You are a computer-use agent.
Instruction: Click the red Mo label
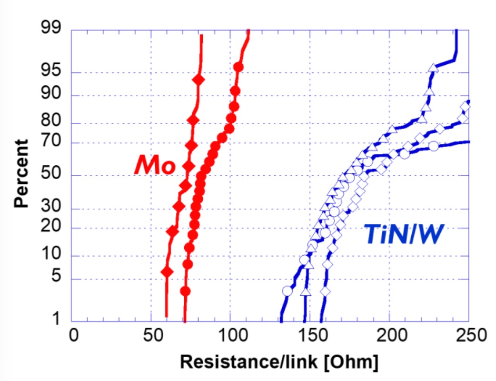[155, 165]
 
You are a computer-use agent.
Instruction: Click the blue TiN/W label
[404, 234]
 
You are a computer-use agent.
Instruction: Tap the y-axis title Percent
[21, 173]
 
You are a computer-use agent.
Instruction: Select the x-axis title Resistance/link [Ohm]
[279, 361]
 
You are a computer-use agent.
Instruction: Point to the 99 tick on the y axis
[50, 27]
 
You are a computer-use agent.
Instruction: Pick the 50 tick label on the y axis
[50, 173]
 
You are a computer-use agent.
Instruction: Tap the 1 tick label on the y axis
[56, 318]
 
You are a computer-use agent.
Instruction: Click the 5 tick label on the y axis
[56, 275]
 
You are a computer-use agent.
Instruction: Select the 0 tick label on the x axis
[74, 335]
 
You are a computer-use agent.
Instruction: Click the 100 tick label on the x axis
[233, 335]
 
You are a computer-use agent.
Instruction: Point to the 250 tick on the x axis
[471, 335]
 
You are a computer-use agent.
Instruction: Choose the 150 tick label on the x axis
[313, 335]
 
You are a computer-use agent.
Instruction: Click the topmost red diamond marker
[198, 80]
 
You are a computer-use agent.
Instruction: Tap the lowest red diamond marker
[167, 272]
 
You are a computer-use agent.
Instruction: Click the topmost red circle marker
[238, 67]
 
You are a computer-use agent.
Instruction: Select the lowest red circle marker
[185, 291]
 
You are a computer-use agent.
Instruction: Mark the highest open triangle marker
[433, 68]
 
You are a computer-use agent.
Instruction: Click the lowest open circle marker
[287, 291]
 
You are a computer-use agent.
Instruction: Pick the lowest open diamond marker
[325, 291]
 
